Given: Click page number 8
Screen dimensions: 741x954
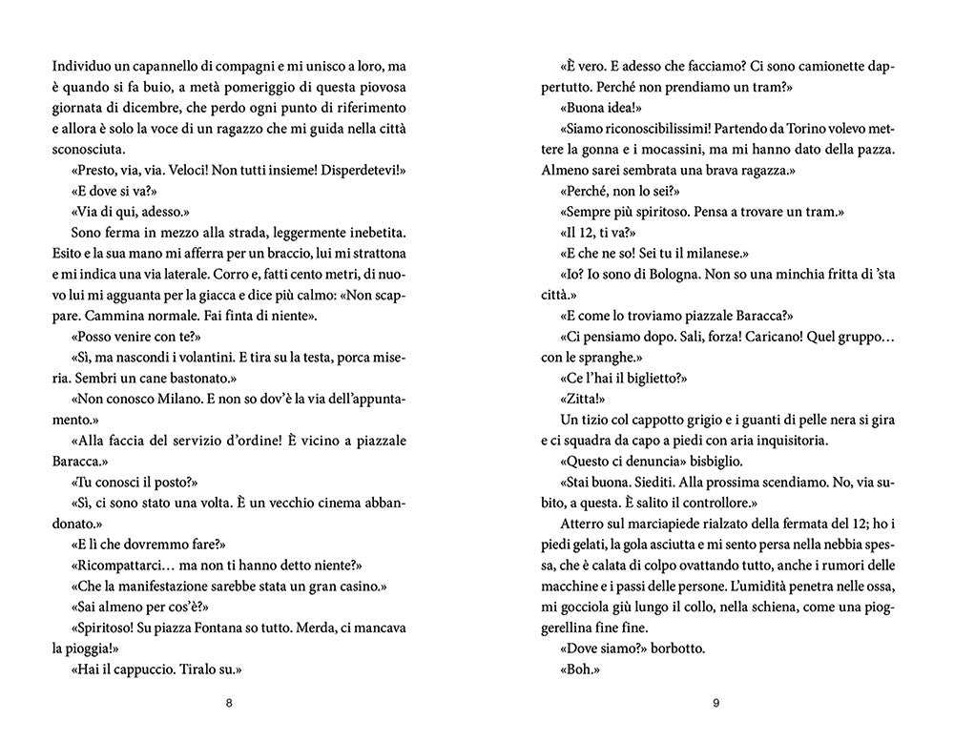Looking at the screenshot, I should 227,705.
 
